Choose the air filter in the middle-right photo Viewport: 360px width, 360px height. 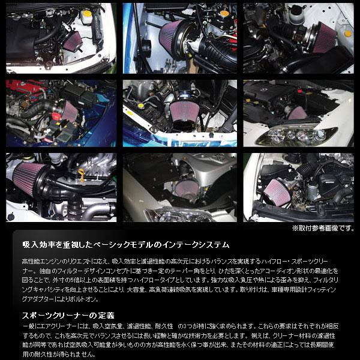click(x=298, y=112)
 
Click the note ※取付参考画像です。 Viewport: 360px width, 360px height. click(x=323, y=228)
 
